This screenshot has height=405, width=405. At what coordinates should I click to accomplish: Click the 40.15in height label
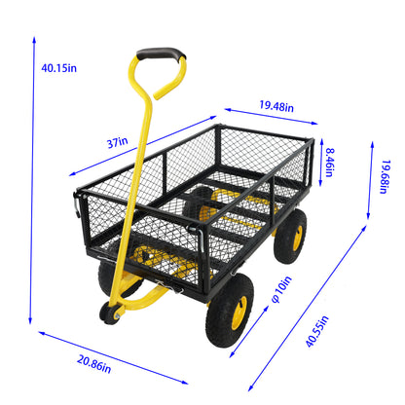pos(58,68)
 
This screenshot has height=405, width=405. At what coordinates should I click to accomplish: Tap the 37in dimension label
pos(118,142)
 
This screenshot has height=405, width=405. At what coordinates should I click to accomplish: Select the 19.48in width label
pos(276,106)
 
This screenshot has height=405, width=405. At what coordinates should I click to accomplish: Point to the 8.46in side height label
pos(330,163)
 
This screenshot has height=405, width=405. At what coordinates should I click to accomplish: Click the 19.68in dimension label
pos(385,176)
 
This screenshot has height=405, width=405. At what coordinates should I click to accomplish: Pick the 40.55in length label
pos(317,331)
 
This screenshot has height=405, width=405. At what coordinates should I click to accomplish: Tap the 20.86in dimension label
pos(94,364)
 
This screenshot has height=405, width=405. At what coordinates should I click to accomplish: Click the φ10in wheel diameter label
pos(281,289)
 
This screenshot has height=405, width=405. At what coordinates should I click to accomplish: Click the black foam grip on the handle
pos(161,54)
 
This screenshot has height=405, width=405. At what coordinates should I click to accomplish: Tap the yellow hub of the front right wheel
pos(239,313)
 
